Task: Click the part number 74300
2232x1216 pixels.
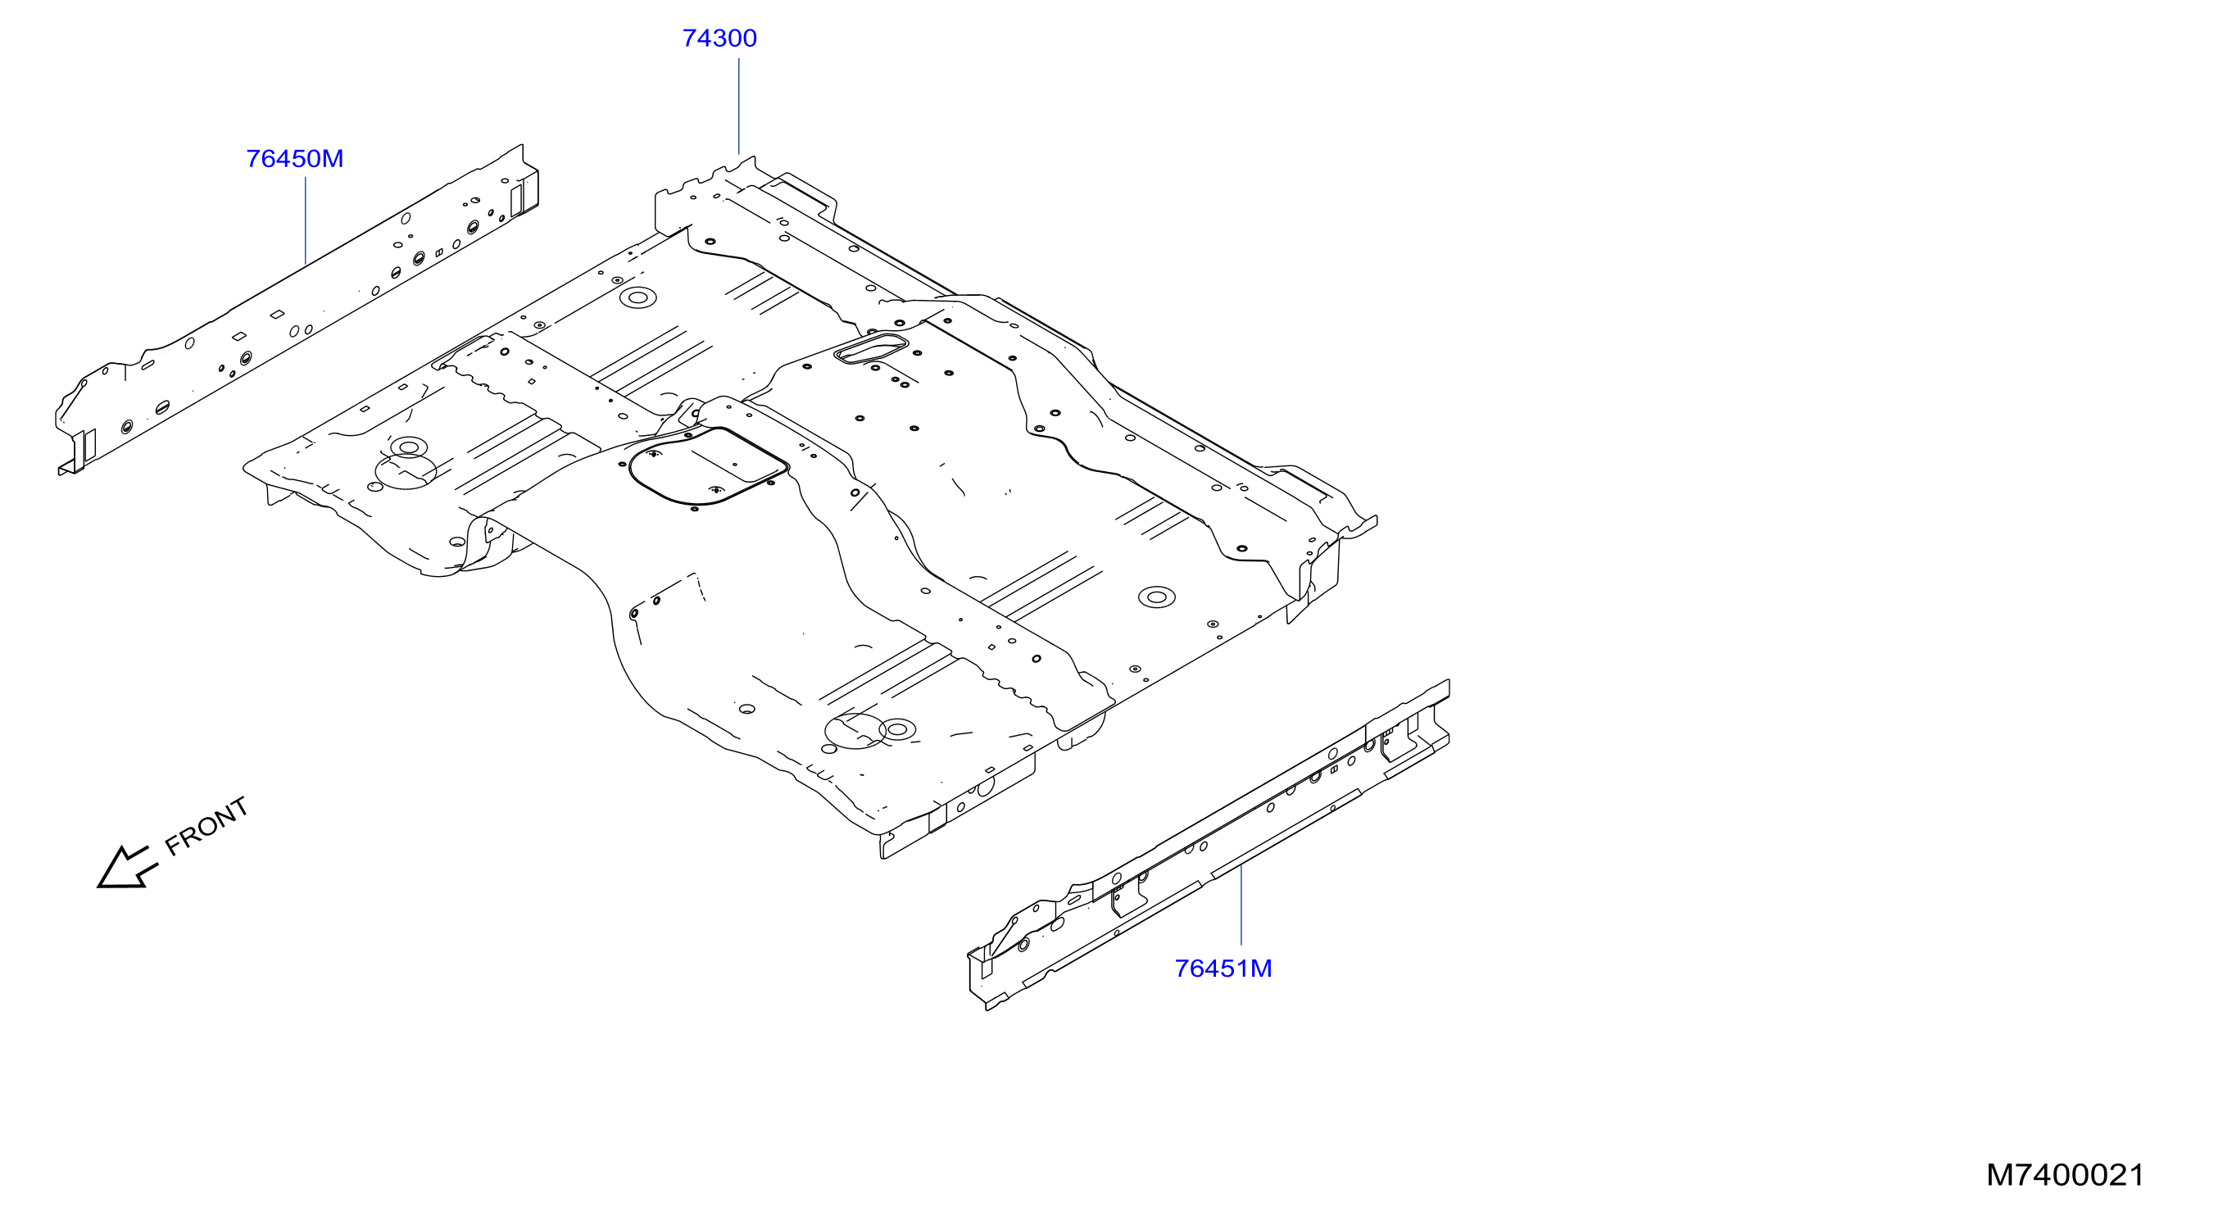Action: click(x=719, y=39)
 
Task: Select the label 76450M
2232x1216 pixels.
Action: click(x=295, y=159)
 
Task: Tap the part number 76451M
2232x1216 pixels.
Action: click(x=1223, y=968)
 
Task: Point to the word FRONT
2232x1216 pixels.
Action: click(x=206, y=826)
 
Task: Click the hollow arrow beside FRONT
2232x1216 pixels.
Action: click(x=126, y=868)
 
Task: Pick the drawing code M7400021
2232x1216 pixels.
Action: click(x=2065, y=1175)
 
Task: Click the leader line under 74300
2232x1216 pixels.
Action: click(x=738, y=106)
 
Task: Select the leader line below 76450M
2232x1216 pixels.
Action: click(x=306, y=220)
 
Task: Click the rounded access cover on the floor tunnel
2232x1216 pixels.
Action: click(x=709, y=465)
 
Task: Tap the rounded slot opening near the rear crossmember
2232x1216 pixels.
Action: click(x=870, y=347)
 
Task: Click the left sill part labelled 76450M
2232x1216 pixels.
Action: click(x=297, y=309)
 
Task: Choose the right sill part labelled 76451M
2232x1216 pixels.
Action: click(x=1209, y=845)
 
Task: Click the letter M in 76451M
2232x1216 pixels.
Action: click(x=1262, y=968)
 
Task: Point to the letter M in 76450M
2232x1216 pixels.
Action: click(x=333, y=159)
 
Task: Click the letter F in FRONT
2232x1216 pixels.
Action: click(x=173, y=846)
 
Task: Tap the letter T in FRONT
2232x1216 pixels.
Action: click(x=238, y=807)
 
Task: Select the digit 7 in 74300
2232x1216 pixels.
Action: click(x=690, y=39)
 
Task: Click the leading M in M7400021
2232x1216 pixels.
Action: click(x=1999, y=1175)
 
